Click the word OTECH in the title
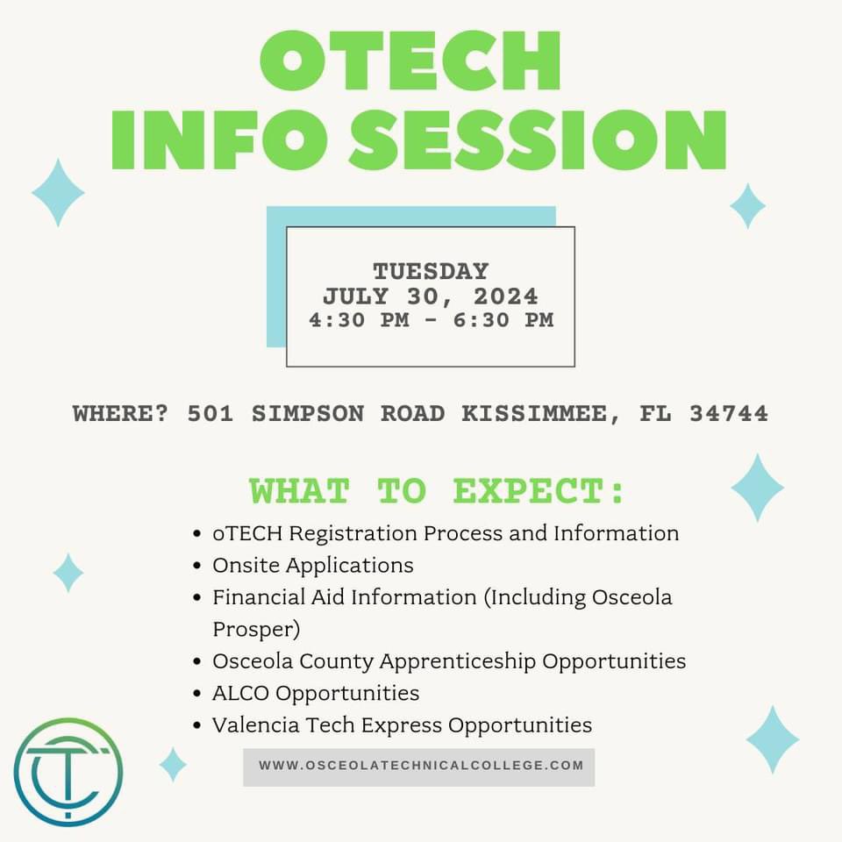click(410, 62)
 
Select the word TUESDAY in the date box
click(431, 271)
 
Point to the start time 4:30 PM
click(359, 320)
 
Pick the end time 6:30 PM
click(503, 320)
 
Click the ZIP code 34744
click(728, 413)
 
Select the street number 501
click(210, 413)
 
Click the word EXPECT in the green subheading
click(539, 491)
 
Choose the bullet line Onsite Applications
click(312, 565)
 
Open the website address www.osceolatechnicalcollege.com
click(420, 766)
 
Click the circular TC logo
click(68, 772)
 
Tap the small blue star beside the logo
click(173, 764)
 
